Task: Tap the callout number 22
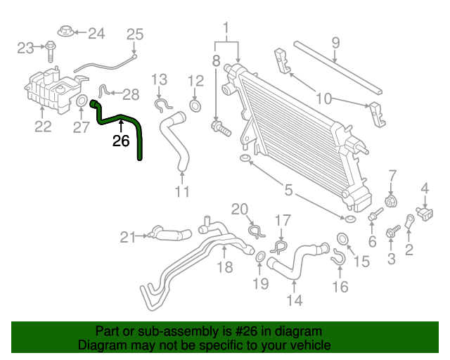coord(43,127)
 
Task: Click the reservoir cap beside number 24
coord(64,32)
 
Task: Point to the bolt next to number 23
coord(51,49)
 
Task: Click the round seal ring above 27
coord(82,103)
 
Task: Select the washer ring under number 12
coord(196,105)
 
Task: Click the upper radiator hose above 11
coord(174,141)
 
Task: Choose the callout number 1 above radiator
coord(226,29)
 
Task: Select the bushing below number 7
coord(393,191)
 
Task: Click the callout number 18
coord(224,267)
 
